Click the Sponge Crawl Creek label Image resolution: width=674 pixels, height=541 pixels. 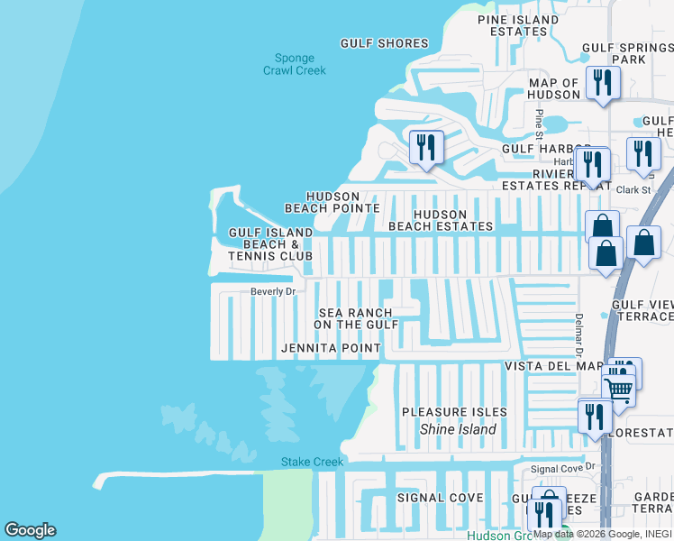point(295,64)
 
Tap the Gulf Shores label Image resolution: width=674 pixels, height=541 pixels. point(384,43)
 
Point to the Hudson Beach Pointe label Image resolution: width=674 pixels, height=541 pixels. point(332,202)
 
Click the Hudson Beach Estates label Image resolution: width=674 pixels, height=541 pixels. point(441,220)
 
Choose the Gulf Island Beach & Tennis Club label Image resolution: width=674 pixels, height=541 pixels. point(270,244)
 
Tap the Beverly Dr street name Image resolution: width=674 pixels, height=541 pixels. point(273,292)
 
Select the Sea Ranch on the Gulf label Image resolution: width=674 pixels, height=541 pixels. point(357,318)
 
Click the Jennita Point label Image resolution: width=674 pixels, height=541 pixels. point(330,348)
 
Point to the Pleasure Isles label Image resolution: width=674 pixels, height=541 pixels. point(454,412)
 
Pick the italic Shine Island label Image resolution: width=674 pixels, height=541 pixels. point(458,429)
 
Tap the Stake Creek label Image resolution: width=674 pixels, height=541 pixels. point(313,463)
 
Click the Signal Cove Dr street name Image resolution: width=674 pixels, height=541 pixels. point(564,468)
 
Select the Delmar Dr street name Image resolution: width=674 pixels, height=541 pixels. point(578,333)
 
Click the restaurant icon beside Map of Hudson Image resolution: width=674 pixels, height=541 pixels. point(599,83)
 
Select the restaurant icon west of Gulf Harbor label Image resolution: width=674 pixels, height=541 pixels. point(425,147)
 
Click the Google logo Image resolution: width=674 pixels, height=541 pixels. point(30,530)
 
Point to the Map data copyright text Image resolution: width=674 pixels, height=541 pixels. point(602,534)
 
